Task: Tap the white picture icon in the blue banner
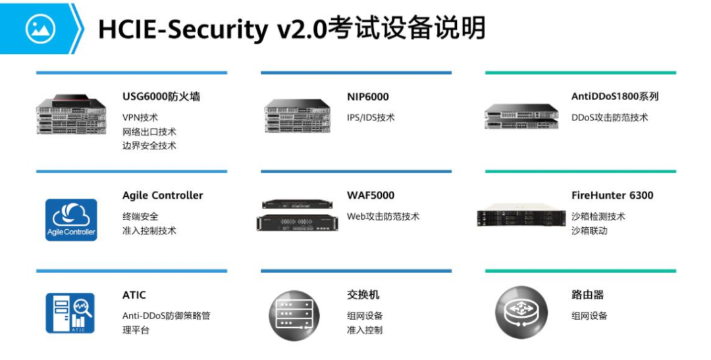point(40,28)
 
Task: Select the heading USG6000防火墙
point(161,97)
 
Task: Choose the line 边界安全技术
point(149,145)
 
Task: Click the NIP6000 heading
point(368,97)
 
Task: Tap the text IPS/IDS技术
point(371,118)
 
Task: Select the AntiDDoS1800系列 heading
point(615,97)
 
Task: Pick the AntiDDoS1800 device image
point(521,116)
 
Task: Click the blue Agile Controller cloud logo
point(71,219)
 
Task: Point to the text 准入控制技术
point(149,231)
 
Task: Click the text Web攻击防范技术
point(383,217)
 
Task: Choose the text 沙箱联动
point(589,231)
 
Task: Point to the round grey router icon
point(521,308)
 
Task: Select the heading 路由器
point(588,294)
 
